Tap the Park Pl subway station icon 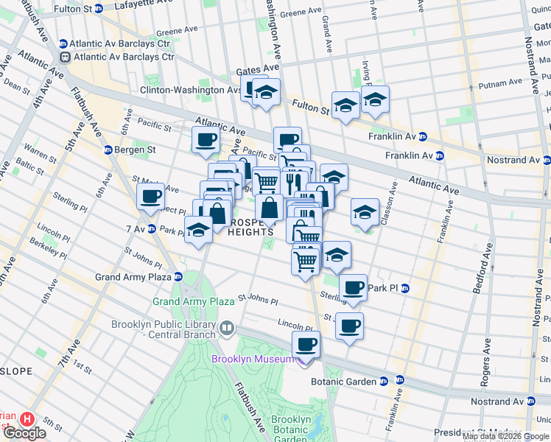404,287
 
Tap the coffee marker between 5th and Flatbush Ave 151,197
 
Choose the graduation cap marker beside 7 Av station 198,231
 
